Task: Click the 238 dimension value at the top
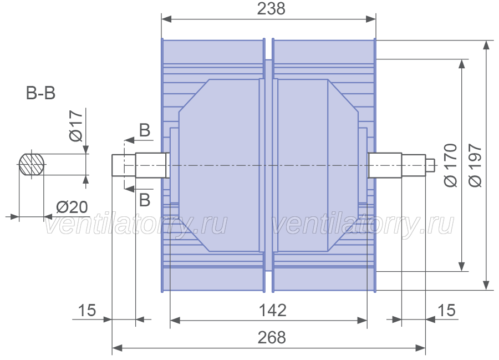click(x=271, y=9)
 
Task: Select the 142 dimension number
click(x=272, y=310)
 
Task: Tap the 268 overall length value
click(x=272, y=337)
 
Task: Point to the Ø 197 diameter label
click(x=476, y=165)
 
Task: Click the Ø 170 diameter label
click(x=450, y=165)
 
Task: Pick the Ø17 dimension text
click(x=76, y=126)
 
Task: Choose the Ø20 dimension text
click(x=72, y=207)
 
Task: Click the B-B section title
click(x=40, y=93)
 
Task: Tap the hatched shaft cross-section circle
click(x=31, y=165)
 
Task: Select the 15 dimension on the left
click(x=86, y=310)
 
